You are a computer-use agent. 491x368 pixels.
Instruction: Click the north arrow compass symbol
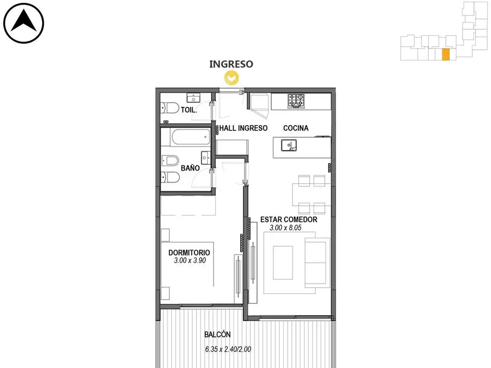point(23,23)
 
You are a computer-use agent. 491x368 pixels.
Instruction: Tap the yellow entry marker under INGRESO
point(232,78)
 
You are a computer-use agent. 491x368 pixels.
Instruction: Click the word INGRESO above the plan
point(231,64)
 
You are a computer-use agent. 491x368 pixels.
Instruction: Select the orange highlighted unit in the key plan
point(446,54)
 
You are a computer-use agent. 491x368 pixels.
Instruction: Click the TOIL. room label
point(189,110)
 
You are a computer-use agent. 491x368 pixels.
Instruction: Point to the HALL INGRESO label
point(243,128)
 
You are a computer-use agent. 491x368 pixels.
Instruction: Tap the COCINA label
point(296,128)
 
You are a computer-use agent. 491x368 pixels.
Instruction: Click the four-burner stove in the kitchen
point(296,101)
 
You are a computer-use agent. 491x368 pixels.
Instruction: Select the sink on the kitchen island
point(289,145)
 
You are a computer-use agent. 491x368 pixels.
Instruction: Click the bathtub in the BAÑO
point(190,137)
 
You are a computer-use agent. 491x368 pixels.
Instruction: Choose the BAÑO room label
point(190,168)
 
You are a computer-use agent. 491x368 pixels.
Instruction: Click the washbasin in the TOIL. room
point(193,98)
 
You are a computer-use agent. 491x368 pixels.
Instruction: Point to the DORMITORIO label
point(189,253)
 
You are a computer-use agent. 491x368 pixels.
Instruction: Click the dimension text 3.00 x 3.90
point(190,260)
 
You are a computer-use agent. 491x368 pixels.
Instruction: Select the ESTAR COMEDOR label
point(289,219)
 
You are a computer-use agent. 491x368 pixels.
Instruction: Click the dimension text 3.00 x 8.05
point(285,228)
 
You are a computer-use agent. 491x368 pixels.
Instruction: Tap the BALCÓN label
point(217,334)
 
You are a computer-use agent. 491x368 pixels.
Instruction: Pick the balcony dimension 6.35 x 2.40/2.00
point(228,349)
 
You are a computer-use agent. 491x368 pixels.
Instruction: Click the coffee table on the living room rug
point(283,263)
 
